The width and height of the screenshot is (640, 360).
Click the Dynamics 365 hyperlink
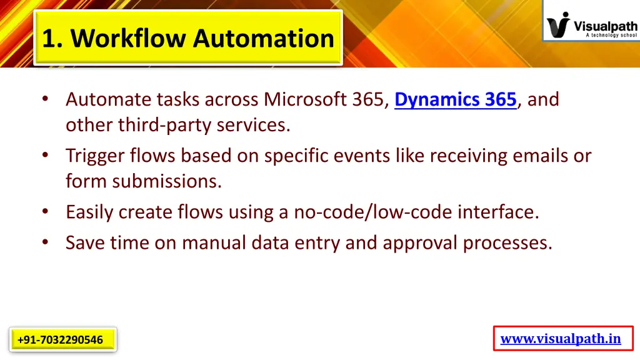pyautogui.click(x=455, y=99)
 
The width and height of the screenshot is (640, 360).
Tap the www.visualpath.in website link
pyautogui.click(x=561, y=339)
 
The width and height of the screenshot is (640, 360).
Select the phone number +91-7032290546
pyautogui.click(x=61, y=340)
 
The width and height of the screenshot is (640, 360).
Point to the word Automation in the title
pyautogui.click(x=263, y=38)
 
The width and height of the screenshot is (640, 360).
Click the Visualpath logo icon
pyautogui.click(x=559, y=25)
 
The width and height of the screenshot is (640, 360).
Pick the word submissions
pyautogui.click(x=167, y=181)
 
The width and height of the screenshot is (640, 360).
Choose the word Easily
pyautogui.click(x=89, y=212)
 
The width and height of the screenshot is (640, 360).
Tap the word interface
pyautogui.click(x=497, y=212)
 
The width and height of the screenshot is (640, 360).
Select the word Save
pyautogui.click(x=86, y=242)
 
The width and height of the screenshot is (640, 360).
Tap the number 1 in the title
pyautogui.click(x=48, y=38)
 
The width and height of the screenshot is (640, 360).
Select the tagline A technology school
pyautogui.click(x=611, y=36)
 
